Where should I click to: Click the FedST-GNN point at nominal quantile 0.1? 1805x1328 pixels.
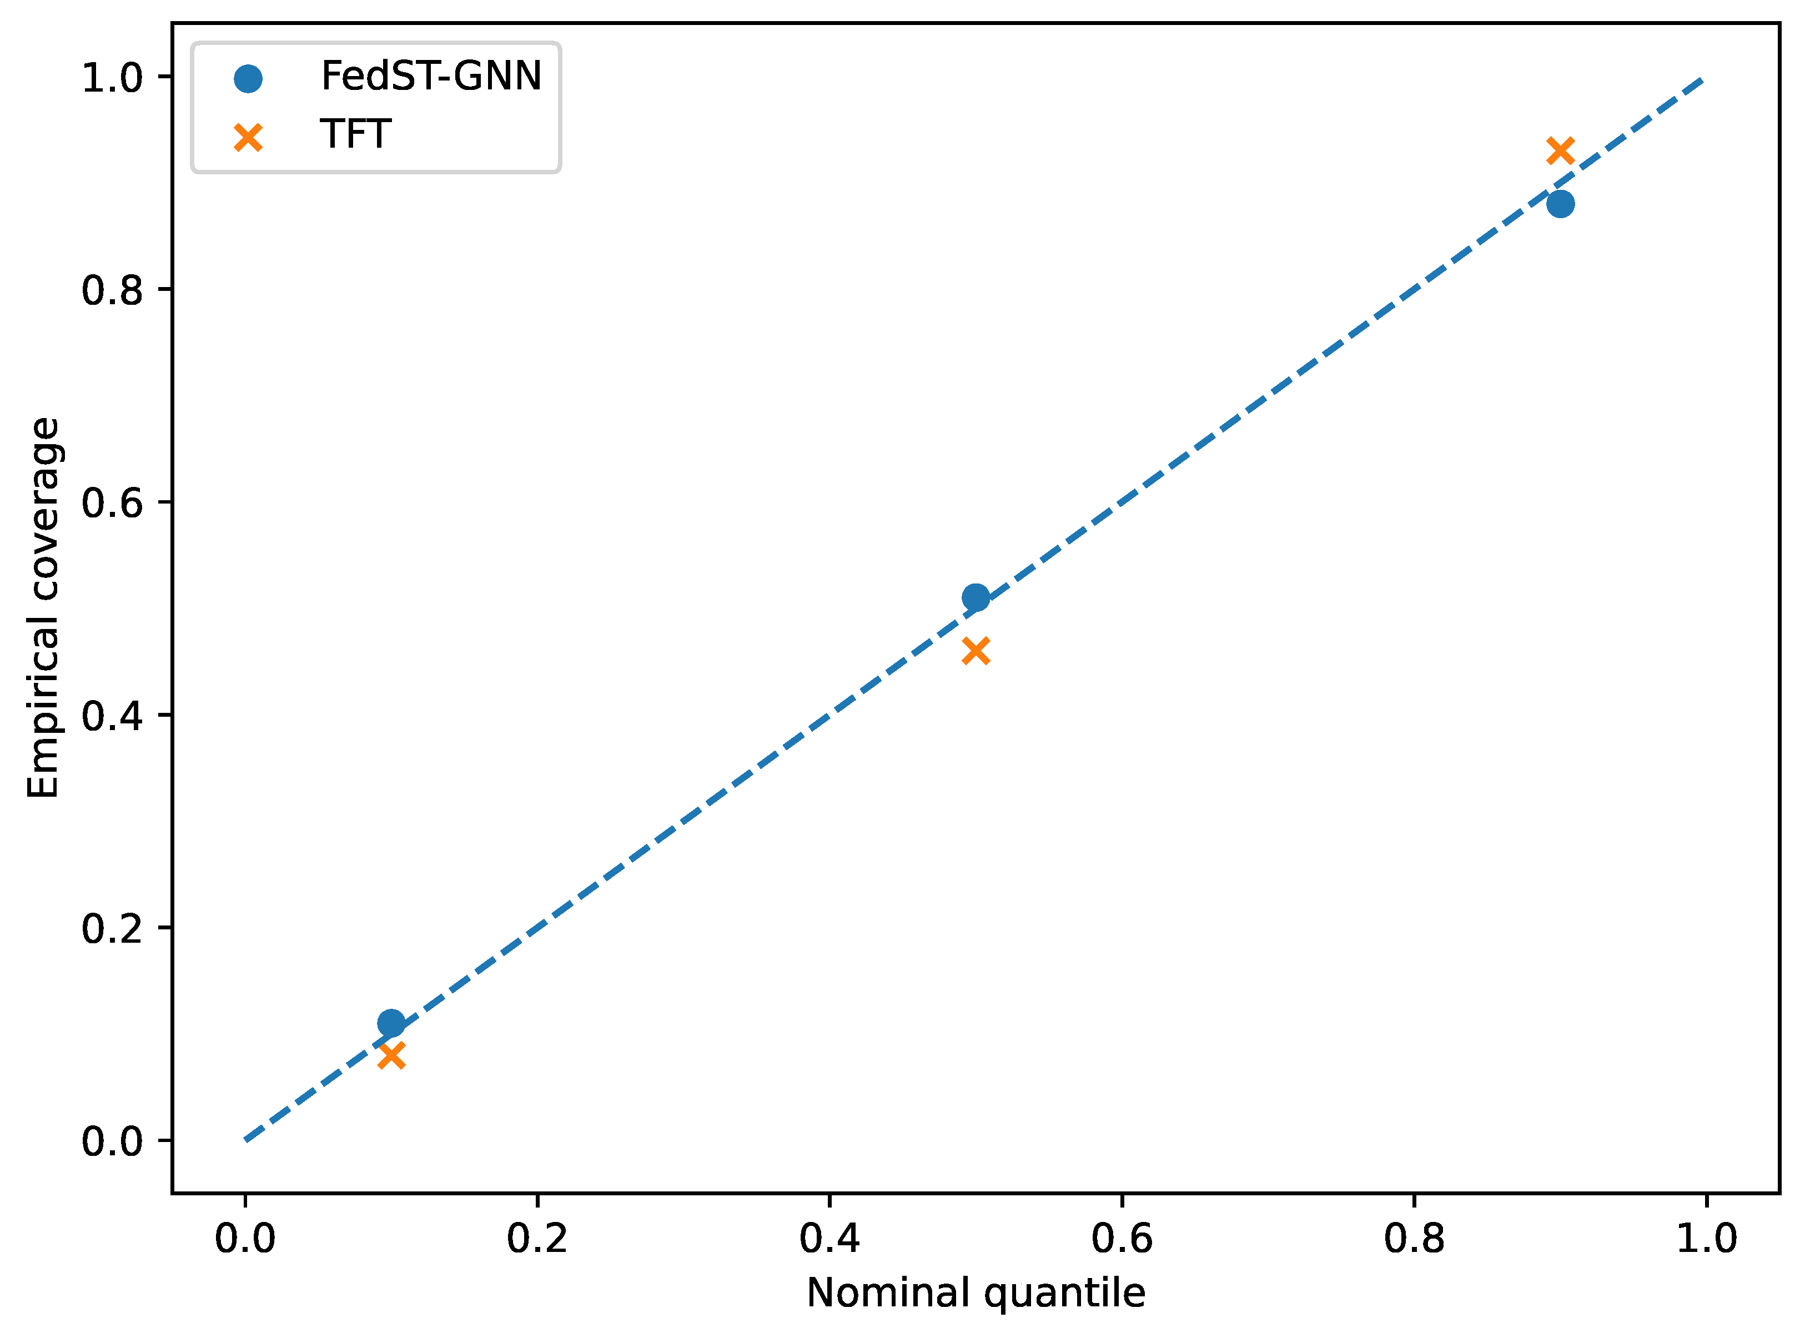pyautogui.click(x=391, y=1023)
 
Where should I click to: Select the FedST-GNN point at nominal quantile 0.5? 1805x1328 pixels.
pyautogui.click(x=976, y=597)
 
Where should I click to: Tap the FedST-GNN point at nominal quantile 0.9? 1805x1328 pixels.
pyautogui.click(x=1560, y=204)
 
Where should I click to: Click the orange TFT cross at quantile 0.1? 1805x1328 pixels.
pyautogui.click(x=391, y=1055)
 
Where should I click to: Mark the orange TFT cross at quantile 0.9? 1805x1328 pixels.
pyautogui.click(x=1560, y=150)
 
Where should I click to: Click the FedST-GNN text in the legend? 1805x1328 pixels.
pyautogui.click(x=431, y=77)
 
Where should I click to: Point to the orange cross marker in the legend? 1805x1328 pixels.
pyautogui.click(x=248, y=138)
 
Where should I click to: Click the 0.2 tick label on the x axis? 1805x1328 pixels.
pyautogui.click(x=537, y=1238)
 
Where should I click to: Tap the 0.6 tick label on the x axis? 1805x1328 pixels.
pyautogui.click(x=1122, y=1238)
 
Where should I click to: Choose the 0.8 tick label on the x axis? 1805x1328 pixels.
pyautogui.click(x=1414, y=1238)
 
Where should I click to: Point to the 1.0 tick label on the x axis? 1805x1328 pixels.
pyautogui.click(x=1706, y=1238)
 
